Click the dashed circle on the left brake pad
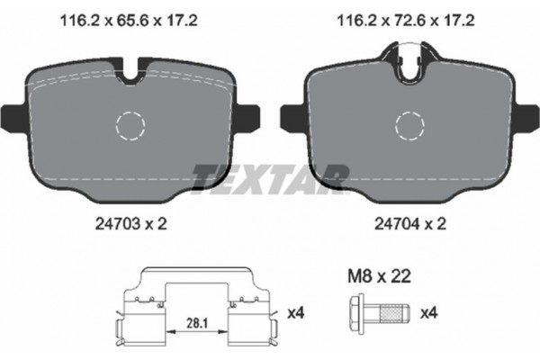click(x=132, y=125)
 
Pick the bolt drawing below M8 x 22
click(x=377, y=313)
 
